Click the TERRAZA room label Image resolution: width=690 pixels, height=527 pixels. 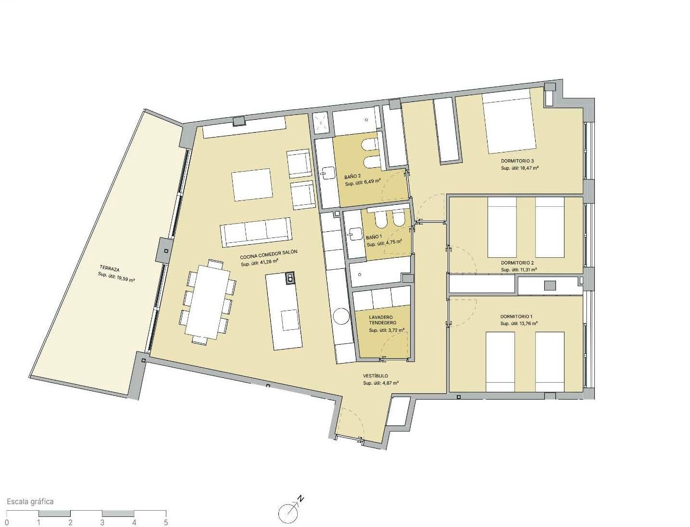coord(110,269)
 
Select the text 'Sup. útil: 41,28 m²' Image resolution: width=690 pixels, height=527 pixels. coord(259,262)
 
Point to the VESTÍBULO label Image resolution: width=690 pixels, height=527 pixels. coord(376,376)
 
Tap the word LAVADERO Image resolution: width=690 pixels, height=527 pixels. coord(381,317)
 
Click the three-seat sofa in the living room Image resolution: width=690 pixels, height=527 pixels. coord(256,232)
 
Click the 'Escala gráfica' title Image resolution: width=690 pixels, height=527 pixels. coord(30,501)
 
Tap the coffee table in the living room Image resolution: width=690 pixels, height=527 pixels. coord(252,185)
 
